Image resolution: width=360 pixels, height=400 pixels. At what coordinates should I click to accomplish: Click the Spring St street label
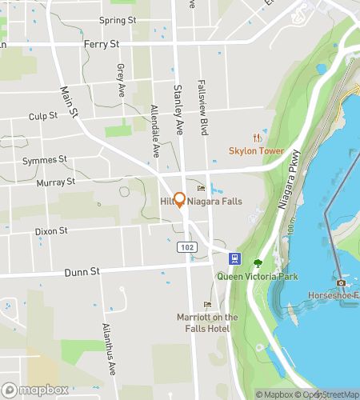pyautogui.click(x=118, y=20)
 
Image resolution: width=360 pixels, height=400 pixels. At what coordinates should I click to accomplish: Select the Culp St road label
pyautogui.click(x=43, y=116)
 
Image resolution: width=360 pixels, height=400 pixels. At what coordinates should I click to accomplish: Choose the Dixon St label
pyautogui.click(x=51, y=231)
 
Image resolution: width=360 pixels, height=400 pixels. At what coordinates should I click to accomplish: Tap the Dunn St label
pyautogui.click(x=83, y=272)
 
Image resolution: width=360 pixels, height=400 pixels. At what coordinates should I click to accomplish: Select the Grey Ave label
pyautogui.click(x=121, y=78)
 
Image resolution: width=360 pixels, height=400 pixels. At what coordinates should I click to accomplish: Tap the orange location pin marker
pyautogui.click(x=180, y=201)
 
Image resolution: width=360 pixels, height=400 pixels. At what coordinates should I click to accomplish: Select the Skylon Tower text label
pyautogui.click(x=256, y=150)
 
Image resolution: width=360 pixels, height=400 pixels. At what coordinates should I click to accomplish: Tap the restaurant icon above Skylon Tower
pyautogui.click(x=257, y=138)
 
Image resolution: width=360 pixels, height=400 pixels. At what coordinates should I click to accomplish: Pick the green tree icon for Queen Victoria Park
pyautogui.click(x=258, y=263)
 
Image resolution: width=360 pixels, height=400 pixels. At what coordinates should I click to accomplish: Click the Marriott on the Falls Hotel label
pyautogui.click(x=207, y=322)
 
